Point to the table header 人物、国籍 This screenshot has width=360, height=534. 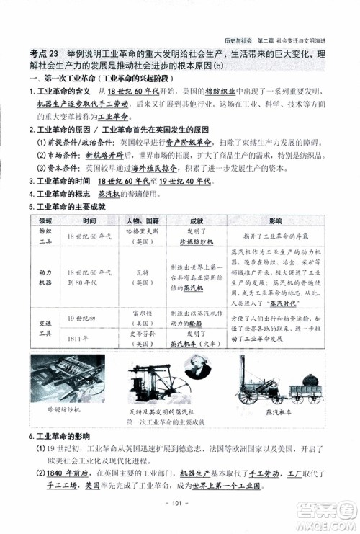[141, 220]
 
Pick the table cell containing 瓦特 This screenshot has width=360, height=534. [141, 278]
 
